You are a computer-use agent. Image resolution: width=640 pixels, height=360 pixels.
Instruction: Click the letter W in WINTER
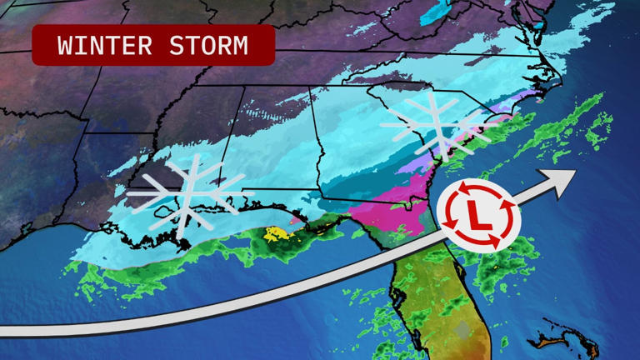click(67, 46)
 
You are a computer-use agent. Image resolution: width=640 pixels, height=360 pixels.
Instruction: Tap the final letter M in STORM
click(240, 46)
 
